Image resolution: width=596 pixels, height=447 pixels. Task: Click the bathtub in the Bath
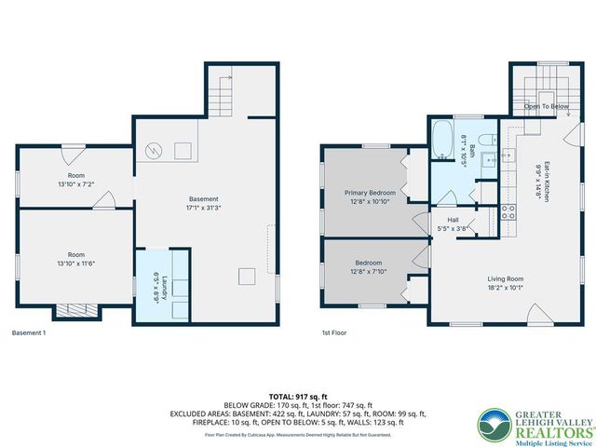pyautogui.click(x=441, y=142)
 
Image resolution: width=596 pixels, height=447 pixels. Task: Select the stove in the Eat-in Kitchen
pyautogui.click(x=509, y=211)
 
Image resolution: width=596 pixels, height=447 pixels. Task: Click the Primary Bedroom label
pyautogui.click(x=370, y=193)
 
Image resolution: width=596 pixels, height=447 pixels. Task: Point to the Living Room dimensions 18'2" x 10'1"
pyautogui.click(x=506, y=287)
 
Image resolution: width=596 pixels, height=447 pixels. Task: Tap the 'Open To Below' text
pyautogui.click(x=546, y=106)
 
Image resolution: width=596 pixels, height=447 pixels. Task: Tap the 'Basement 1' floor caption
pyautogui.click(x=28, y=332)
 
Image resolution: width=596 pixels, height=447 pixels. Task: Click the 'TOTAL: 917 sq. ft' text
pyautogui.click(x=297, y=396)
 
